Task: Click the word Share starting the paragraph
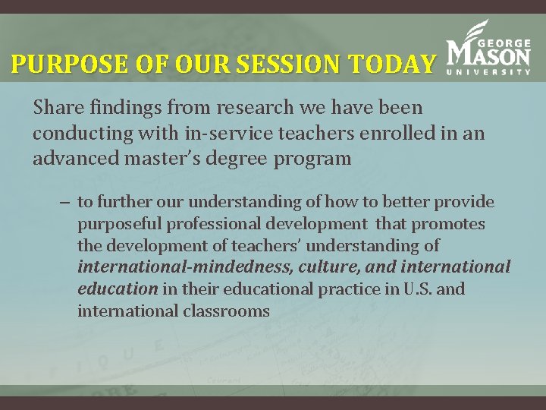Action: pyautogui.click(x=56, y=109)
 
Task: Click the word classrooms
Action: pyautogui.click(x=227, y=311)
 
